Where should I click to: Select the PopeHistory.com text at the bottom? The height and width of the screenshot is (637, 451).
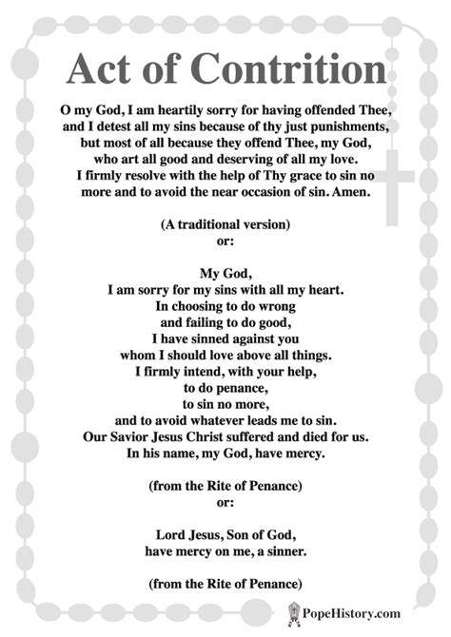coord(365,612)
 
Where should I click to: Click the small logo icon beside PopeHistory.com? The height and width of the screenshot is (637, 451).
coord(294,611)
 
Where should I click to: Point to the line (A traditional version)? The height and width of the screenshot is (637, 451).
coord(225,224)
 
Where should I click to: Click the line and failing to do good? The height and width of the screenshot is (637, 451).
coord(225,322)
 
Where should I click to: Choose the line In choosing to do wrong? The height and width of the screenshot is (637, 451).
coord(225,306)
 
